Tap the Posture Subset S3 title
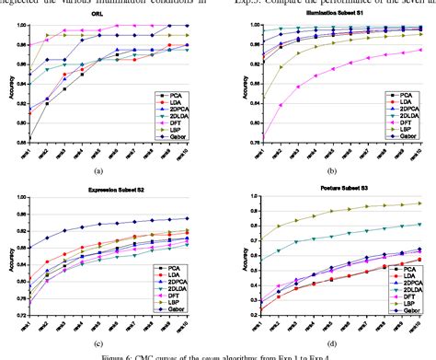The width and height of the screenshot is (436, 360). [336, 192]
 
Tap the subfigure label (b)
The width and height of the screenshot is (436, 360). [337, 171]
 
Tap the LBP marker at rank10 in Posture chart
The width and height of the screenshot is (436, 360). [420, 203]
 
